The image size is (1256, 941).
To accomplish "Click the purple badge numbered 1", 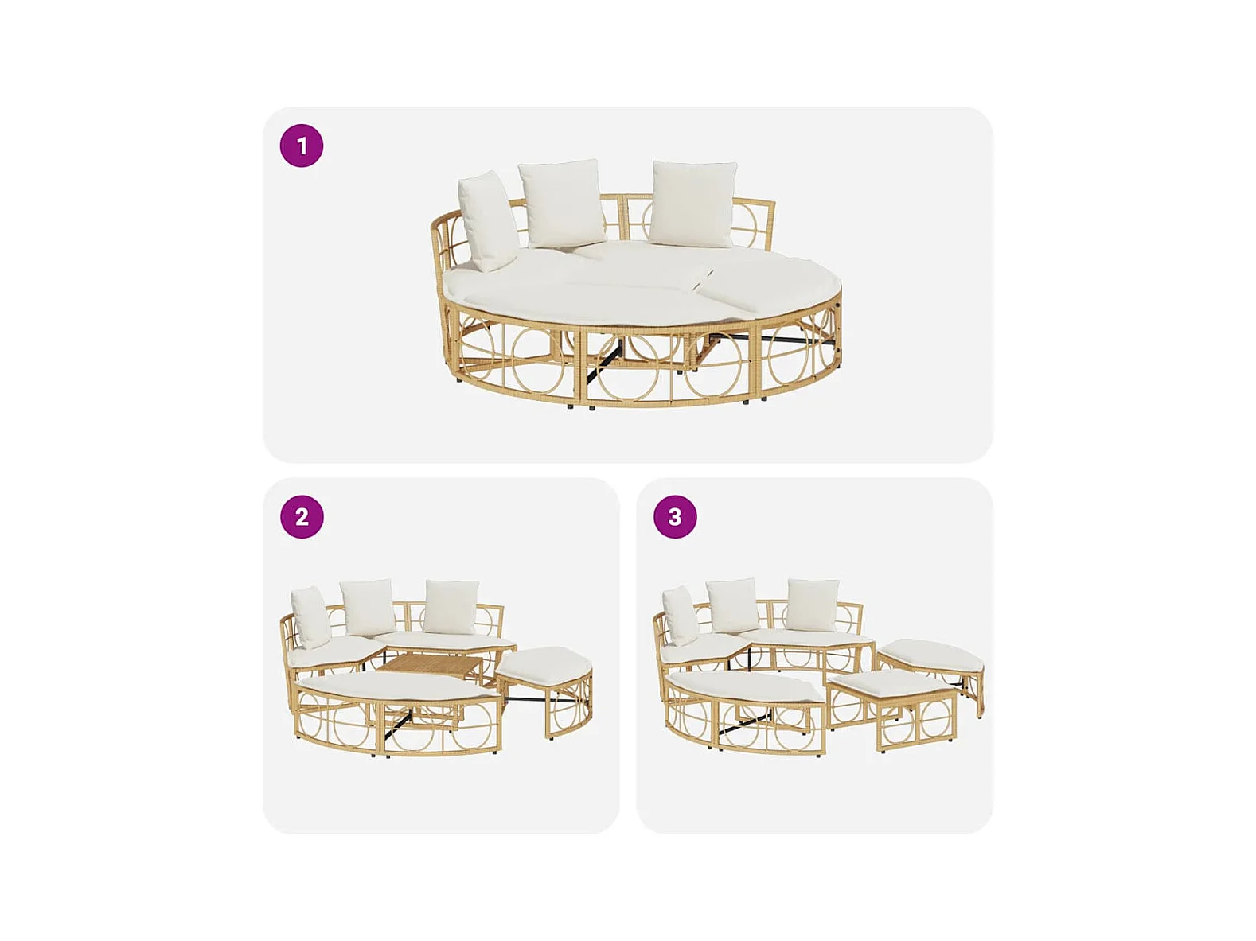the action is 301,146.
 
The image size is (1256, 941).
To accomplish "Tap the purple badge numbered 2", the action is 301,517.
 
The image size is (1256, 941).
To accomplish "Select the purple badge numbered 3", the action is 675,517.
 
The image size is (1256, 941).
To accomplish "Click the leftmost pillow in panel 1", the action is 487,220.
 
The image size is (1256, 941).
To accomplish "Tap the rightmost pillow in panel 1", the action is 693,204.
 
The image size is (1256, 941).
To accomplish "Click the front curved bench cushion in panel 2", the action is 397,685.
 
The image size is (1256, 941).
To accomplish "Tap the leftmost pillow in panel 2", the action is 310,616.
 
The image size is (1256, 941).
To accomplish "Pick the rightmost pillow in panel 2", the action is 451,607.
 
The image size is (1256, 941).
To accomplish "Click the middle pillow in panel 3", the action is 732,605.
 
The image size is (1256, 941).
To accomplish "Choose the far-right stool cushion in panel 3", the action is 930,653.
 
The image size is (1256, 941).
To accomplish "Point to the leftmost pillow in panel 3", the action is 680,616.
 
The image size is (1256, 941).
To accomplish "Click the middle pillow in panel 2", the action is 368,607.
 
